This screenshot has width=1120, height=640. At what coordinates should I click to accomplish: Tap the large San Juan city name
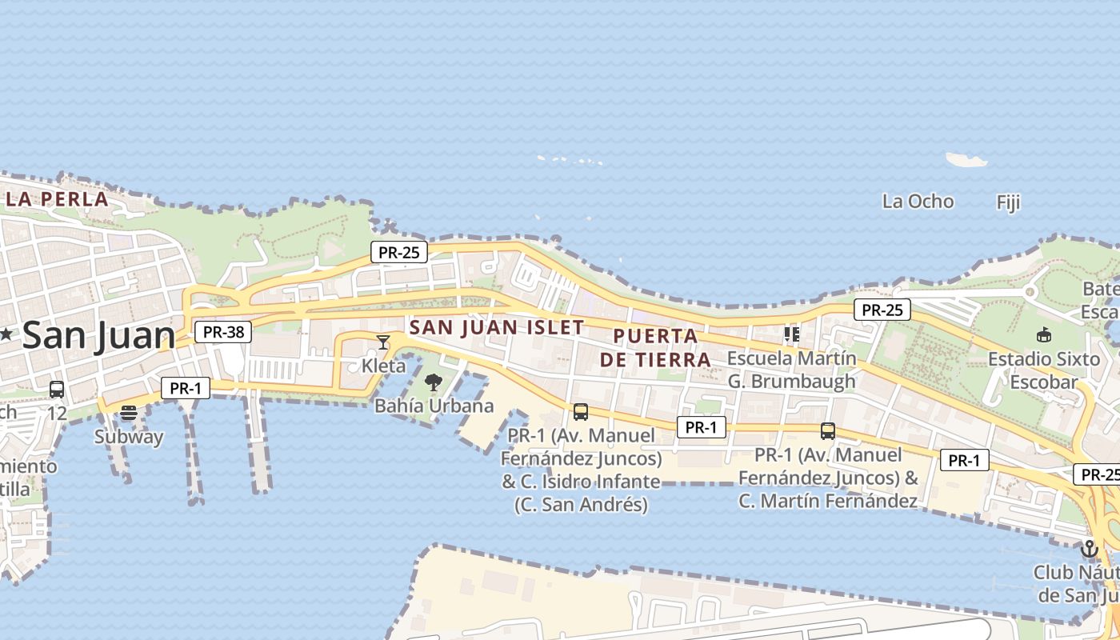point(99,334)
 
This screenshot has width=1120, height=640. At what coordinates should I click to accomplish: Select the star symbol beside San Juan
point(6,334)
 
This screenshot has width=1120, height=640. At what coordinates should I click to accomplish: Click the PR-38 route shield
point(223,332)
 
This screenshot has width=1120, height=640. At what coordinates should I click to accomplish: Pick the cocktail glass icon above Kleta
point(383,342)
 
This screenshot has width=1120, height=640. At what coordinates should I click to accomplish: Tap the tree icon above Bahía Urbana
point(433,382)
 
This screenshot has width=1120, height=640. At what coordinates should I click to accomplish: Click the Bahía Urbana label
point(434,406)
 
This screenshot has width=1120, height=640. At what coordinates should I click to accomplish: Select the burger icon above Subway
point(129,414)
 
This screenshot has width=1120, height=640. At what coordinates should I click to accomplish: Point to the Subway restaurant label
point(129,437)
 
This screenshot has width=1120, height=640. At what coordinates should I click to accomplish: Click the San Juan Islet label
point(497,327)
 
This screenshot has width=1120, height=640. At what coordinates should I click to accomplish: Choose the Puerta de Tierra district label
point(656,348)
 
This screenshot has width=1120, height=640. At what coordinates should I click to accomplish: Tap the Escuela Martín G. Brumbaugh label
point(791,370)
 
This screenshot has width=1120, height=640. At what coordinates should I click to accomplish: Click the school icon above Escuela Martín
point(792,334)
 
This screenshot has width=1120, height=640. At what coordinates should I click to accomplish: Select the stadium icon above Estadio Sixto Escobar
point(1043,335)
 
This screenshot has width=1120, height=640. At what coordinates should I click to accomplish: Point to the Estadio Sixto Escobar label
point(1044,370)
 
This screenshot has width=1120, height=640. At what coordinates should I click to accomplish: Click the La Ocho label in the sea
point(918,202)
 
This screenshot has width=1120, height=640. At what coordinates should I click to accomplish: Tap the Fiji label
point(1008,202)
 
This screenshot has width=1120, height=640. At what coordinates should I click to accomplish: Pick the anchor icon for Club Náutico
point(1089,549)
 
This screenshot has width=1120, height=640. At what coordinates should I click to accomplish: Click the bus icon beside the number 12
point(57,390)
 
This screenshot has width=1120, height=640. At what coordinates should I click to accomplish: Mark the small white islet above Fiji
point(966,160)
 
